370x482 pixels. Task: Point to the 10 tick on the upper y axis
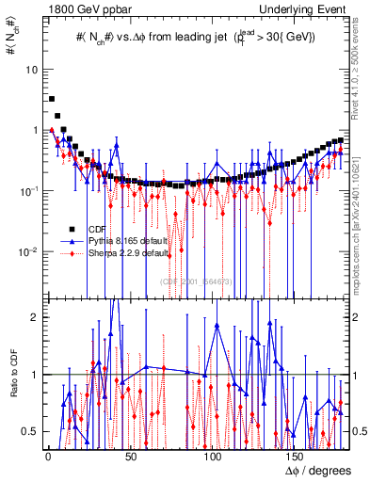(x=31, y=70)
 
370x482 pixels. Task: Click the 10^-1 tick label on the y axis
(x=28, y=191)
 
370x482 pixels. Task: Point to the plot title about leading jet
(x=196, y=39)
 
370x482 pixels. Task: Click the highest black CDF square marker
(x=52, y=99)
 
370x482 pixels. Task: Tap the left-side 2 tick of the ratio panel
(x=34, y=317)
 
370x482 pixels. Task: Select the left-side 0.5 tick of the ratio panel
(x=31, y=431)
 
